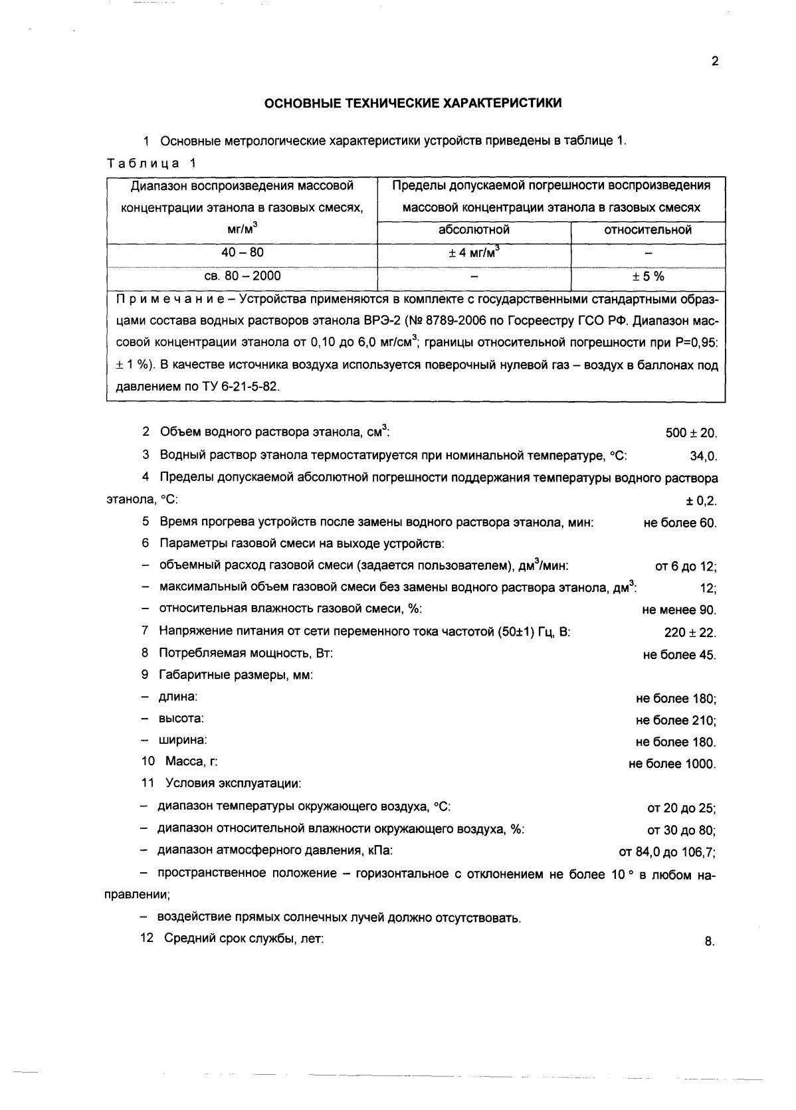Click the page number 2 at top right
tap(715, 62)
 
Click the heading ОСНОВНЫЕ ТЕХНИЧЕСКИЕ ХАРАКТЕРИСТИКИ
tap(413, 103)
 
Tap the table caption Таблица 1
tap(151, 162)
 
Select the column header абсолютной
tap(474, 230)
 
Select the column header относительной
tap(647, 230)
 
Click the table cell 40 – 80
tap(242, 252)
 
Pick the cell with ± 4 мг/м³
tap(474, 252)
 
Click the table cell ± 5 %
tap(647, 276)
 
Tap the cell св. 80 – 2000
tap(242, 276)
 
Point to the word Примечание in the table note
tap(167, 298)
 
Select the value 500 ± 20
tap(691, 434)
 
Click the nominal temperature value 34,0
tap(703, 456)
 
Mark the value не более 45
tap(679, 655)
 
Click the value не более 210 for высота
tap(675, 721)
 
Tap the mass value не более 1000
tap(672, 765)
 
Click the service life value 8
tap(709, 941)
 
